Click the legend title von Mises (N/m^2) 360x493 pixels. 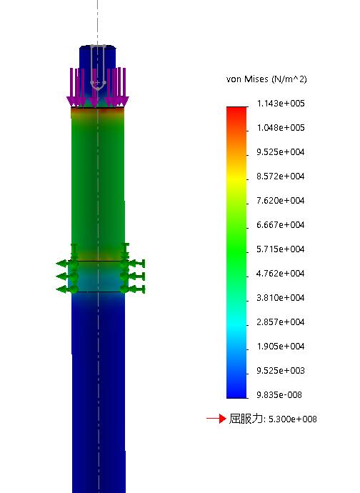[x=266, y=79]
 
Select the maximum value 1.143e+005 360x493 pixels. [x=281, y=104]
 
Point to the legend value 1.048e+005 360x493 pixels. [x=281, y=128]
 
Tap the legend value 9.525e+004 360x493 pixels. [x=281, y=152]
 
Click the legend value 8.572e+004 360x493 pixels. [x=281, y=176]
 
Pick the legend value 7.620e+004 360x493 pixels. [x=281, y=201]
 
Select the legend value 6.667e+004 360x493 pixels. [x=281, y=225]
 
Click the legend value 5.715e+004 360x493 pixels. [x=281, y=249]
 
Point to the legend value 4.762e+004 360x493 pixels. [x=281, y=273]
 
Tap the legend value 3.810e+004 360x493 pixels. [x=281, y=298]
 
